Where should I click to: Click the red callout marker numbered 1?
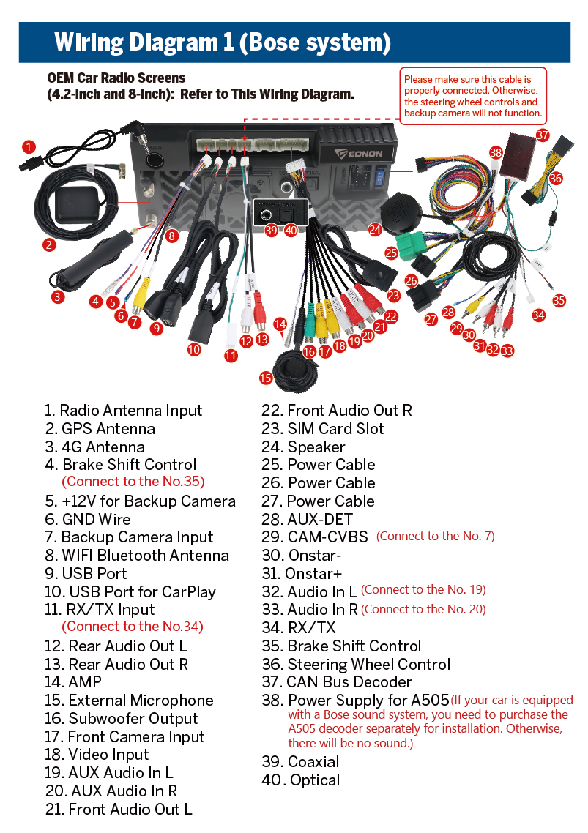29,147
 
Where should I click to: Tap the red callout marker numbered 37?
543,135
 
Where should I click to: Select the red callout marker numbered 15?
266,378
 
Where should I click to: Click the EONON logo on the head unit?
358,154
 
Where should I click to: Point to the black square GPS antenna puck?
77,204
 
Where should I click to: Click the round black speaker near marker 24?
401,212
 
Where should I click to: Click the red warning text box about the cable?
473,96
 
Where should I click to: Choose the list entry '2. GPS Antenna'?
100,429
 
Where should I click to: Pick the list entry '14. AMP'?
72,681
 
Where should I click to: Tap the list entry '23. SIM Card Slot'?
322,429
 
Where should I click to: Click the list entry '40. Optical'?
300,780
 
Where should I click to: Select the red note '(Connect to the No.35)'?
133,482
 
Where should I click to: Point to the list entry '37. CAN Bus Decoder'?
337,681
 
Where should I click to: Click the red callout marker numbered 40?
291,230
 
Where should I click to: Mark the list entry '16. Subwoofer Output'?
122,718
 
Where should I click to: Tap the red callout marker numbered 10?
194,350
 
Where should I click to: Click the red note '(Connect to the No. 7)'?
436,536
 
